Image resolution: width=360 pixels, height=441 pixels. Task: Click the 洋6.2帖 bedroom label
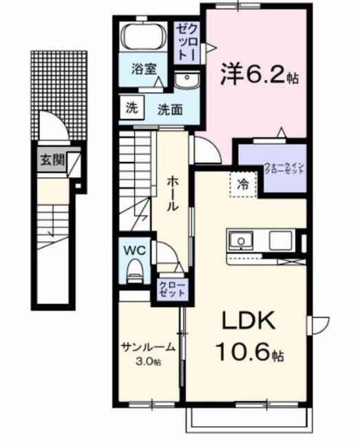tap(259, 74)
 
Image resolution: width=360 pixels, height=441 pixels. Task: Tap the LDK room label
tap(248, 320)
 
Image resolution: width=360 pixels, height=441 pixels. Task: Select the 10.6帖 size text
tap(250, 351)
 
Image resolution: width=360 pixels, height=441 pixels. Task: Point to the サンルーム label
tap(148, 347)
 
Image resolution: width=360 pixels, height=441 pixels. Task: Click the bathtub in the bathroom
tap(142, 37)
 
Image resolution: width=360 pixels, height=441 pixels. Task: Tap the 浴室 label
tap(144, 69)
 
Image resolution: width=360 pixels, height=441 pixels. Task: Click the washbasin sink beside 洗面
tap(187, 80)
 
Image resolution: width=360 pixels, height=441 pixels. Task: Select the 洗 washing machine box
tap(131, 107)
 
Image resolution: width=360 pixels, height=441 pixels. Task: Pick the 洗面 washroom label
tap(170, 110)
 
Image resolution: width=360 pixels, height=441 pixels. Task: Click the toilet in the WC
tap(134, 270)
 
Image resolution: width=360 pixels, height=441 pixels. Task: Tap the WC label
tap(135, 249)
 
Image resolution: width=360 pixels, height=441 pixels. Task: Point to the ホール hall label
tap(173, 194)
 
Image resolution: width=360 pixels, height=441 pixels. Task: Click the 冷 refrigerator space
tap(244, 185)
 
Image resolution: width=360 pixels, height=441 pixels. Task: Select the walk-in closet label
tap(284, 168)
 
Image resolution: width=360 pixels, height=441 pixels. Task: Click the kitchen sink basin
tap(241, 240)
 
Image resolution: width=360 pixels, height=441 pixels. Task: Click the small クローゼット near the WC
tap(172, 289)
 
